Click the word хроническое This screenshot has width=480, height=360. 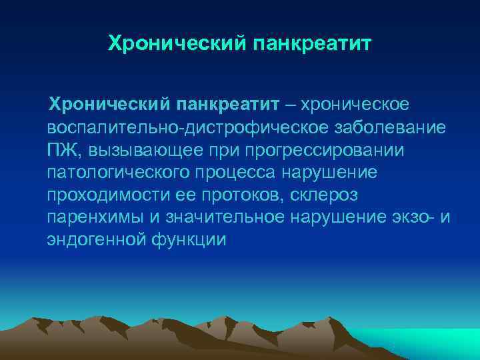(357, 104)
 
